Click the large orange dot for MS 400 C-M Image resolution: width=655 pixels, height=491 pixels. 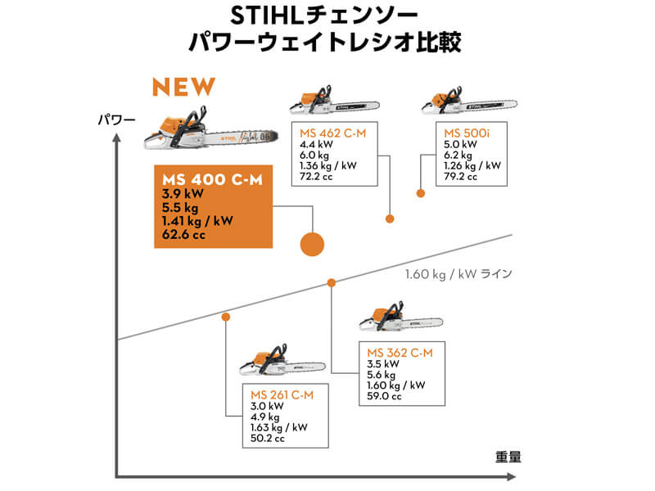[313, 243]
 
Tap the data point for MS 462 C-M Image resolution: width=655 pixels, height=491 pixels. [390, 218]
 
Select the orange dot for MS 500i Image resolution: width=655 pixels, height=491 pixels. [421, 193]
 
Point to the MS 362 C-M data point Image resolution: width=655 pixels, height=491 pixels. [332, 282]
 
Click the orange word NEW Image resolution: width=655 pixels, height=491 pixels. [184, 86]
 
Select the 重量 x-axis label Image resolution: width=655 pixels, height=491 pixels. [508, 456]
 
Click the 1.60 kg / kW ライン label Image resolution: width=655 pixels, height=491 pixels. [458, 273]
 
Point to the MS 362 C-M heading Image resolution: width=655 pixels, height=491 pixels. [399, 352]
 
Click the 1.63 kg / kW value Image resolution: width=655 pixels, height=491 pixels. [278, 427]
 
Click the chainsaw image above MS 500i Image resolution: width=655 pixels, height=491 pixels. [470, 102]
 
